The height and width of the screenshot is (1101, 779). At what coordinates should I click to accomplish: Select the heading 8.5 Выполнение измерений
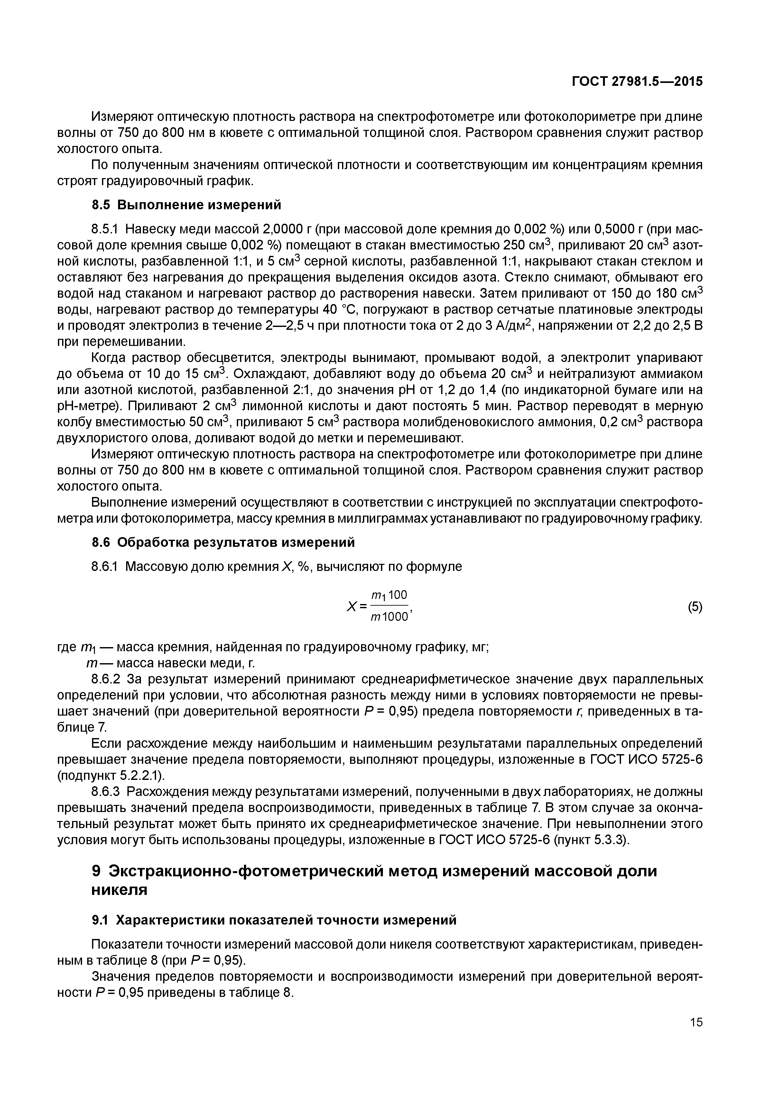[x=186, y=205]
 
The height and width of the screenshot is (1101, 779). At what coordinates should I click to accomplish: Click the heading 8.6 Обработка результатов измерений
[x=223, y=542]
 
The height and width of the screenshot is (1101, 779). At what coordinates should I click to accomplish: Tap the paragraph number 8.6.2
[x=107, y=680]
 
